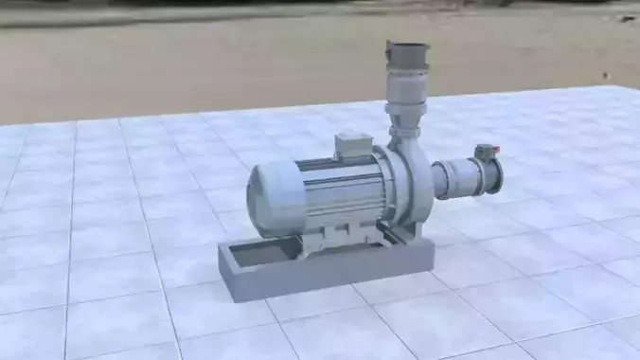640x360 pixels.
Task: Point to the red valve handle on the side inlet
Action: click(x=486, y=149)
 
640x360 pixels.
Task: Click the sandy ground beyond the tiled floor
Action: click(x=189, y=66)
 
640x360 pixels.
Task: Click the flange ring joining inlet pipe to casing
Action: click(x=437, y=178)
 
